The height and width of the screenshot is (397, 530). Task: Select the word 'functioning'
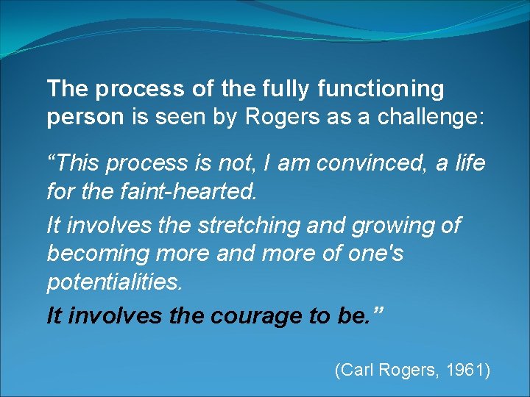[381, 89]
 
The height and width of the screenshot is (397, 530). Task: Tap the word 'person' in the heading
[85, 118]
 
